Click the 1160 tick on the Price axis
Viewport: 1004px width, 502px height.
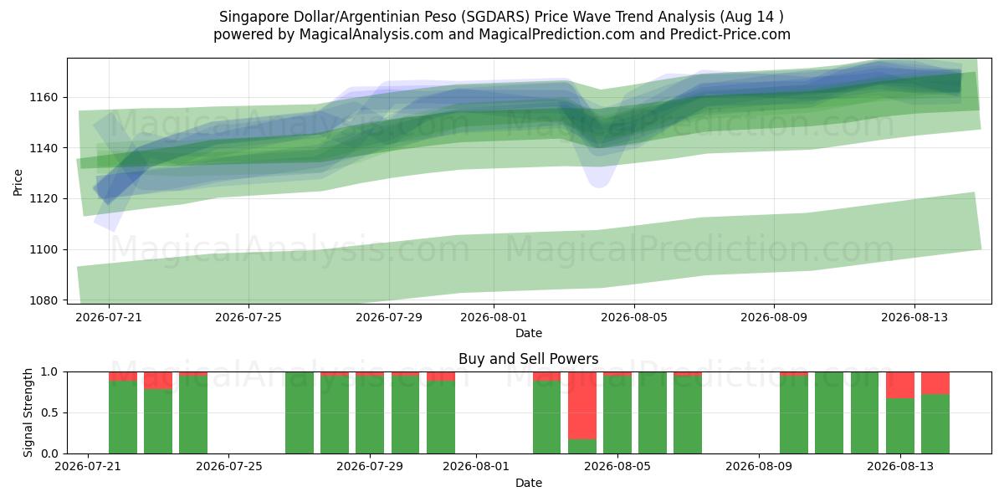point(44,97)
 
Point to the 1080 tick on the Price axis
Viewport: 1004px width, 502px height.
point(44,300)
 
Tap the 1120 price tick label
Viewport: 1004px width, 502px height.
point(44,198)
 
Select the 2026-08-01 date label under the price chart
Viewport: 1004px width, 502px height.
point(494,317)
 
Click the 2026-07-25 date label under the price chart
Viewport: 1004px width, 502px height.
point(248,317)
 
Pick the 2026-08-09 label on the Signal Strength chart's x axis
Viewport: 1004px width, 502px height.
point(759,467)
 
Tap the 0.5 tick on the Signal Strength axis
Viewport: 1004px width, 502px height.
point(49,412)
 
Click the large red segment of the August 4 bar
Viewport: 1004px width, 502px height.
point(581,405)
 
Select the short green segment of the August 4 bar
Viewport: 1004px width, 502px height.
point(581,447)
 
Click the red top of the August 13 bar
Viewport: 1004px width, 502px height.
point(900,385)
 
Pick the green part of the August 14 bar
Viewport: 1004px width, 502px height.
point(935,424)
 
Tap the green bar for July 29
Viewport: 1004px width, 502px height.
point(370,415)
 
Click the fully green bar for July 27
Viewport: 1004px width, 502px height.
point(300,412)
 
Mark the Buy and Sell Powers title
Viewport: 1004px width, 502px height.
point(529,359)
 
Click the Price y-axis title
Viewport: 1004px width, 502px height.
point(18,182)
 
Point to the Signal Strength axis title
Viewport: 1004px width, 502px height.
point(28,412)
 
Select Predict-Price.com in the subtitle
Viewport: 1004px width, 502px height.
point(730,34)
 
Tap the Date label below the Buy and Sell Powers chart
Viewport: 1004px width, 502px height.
point(529,483)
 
